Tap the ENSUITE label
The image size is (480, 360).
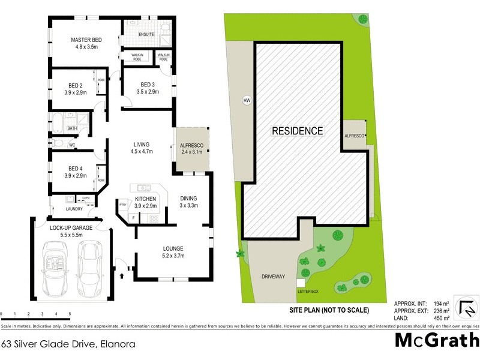[146, 34]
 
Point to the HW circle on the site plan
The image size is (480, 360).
[246, 100]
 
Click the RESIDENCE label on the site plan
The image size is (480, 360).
[297, 131]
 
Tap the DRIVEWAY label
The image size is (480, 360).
[272, 277]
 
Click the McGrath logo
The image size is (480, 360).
[436, 340]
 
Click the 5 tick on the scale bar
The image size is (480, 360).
[70, 314]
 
